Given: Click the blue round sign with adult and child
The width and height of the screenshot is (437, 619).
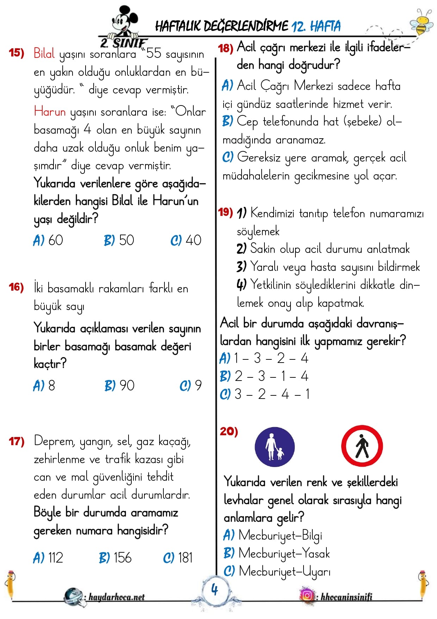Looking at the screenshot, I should click(x=275, y=447).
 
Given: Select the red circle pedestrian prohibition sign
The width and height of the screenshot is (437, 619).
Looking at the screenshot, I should click(x=362, y=446).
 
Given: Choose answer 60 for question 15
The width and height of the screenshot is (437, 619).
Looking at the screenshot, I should click(x=49, y=240).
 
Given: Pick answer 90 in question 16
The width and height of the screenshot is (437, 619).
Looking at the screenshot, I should click(x=120, y=386).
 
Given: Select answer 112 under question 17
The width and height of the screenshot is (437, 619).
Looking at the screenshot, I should click(x=48, y=558).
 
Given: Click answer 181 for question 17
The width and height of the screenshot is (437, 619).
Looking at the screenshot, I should click(x=178, y=558).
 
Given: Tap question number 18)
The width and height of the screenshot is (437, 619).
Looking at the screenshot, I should click(x=225, y=48).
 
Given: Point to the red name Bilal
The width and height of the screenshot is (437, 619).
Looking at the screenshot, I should click(x=44, y=53).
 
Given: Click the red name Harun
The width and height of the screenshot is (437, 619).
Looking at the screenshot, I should click(x=50, y=111).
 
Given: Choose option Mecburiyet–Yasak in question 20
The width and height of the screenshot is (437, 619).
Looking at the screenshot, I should click(x=277, y=553).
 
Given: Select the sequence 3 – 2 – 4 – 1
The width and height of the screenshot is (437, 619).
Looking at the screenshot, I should click(x=265, y=394).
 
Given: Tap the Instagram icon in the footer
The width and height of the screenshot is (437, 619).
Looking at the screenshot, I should click(x=307, y=595).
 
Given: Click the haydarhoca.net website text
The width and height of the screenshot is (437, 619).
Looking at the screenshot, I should click(x=116, y=597).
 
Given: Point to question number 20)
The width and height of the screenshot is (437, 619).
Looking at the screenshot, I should click(x=229, y=431).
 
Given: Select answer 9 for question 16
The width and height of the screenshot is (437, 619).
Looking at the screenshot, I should click(x=191, y=386).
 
